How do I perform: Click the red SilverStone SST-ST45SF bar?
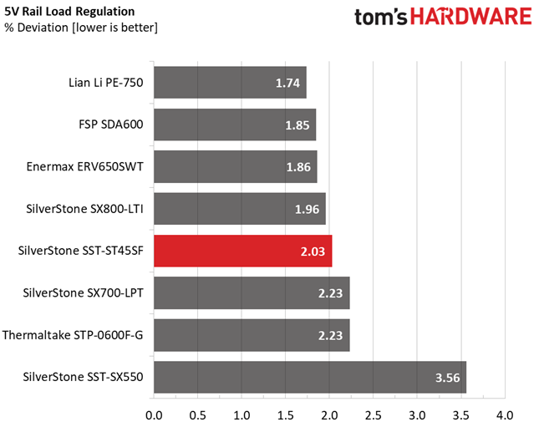tap(243, 251)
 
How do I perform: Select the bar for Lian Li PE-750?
tap(230, 83)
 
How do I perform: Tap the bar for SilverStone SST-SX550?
tap(310, 377)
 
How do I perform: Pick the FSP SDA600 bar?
tap(235, 125)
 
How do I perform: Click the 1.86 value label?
tap(298, 167)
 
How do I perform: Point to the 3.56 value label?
tap(448, 378)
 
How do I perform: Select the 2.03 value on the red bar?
tap(313, 252)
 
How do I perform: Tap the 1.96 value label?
tap(307, 210)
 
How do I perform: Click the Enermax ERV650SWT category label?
tap(84, 167)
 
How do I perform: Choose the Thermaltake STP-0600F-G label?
tap(73, 335)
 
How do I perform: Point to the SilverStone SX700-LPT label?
tap(83, 293)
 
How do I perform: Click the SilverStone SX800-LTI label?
tap(84, 209)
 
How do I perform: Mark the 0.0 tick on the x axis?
tap(154, 415)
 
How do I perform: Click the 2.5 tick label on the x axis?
tap(374, 415)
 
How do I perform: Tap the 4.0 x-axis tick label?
tap(505, 415)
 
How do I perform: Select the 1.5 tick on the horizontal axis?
tap(286, 415)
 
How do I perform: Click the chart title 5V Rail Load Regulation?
tap(69, 12)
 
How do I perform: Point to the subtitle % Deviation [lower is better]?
tap(81, 28)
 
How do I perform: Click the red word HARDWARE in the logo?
tap(470, 16)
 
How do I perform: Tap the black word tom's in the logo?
tap(380, 17)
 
